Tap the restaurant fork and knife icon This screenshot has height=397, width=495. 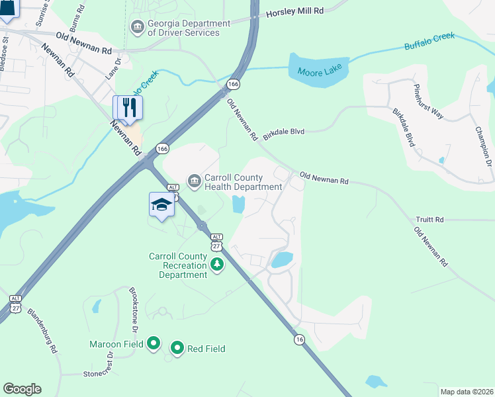[128, 107]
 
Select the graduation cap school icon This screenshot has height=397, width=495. [161, 204]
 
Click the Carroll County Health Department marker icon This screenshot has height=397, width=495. [194, 181]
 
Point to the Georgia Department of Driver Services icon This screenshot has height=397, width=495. [138, 28]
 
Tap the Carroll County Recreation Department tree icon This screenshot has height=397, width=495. [216, 265]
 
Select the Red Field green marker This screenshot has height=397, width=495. [177, 348]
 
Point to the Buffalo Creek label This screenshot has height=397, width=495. [429, 41]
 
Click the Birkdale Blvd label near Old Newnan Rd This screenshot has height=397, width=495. [283, 132]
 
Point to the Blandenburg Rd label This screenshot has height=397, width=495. [43, 328]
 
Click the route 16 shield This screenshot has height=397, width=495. [300, 339]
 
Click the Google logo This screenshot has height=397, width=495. [22, 389]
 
